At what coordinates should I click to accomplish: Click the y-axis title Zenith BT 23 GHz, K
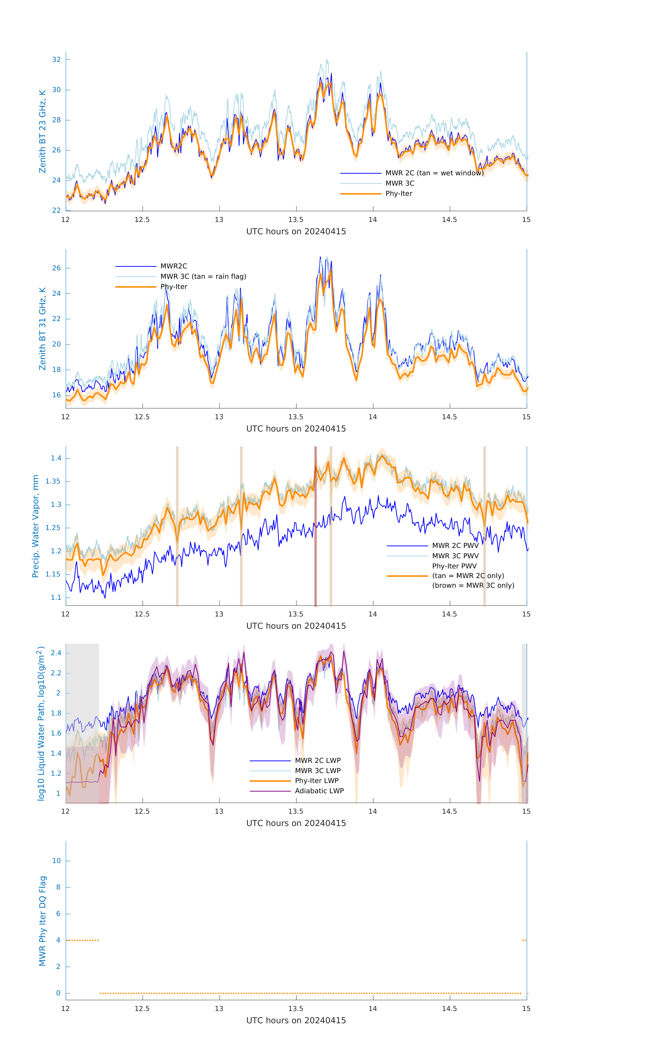[x=42, y=131]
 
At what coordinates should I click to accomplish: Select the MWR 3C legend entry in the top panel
[x=400, y=184]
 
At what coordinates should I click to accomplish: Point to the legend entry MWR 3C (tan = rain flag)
[x=203, y=277]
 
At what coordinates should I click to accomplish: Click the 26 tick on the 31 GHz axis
[x=56, y=268]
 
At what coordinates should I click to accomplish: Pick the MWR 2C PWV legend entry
[x=455, y=546]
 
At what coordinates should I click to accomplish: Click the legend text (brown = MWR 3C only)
[x=473, y=585]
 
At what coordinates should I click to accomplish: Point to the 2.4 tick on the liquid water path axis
[x=56, y=653]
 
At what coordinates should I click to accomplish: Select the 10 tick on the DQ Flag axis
[x=56, y=861]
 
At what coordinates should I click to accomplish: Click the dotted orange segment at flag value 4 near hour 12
[x=82, y=940]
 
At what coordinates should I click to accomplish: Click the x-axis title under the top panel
[x=296, y=232]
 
